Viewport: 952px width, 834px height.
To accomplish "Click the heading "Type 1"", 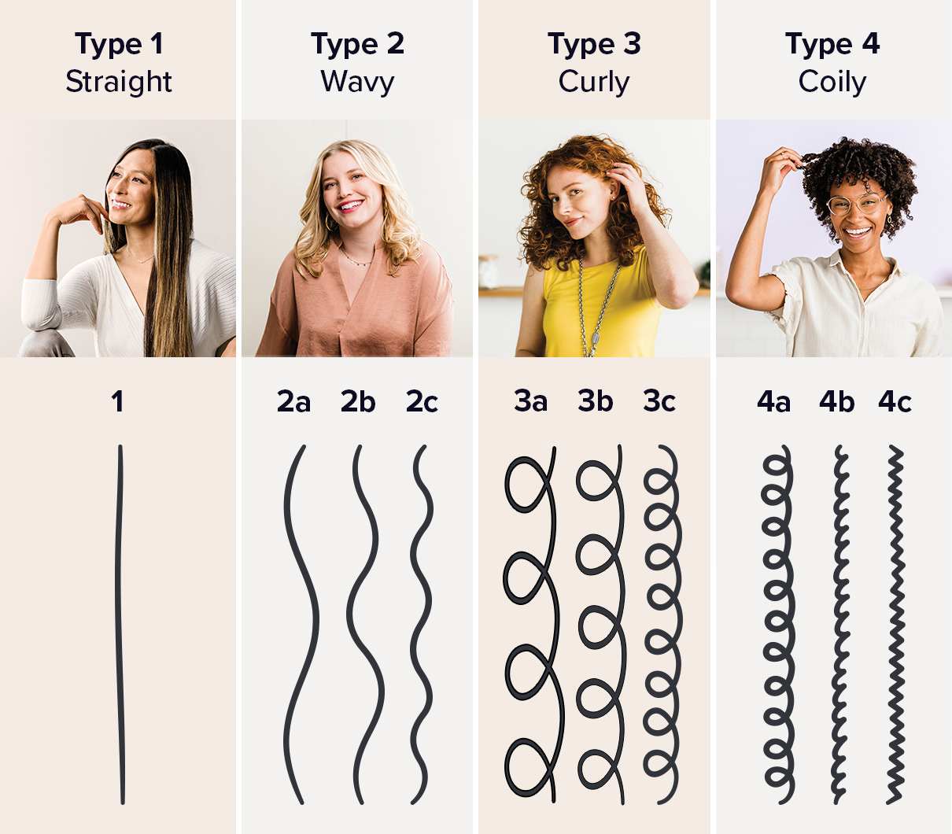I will click(119, 44).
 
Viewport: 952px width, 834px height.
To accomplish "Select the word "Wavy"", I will click(357, 82).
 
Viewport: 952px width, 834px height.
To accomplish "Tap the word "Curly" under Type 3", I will click(594, 82).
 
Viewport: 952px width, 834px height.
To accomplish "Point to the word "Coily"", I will click(832, 82).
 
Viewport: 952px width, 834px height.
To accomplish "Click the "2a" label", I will click(293, 402).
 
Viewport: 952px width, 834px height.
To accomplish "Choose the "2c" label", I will click(422, 402).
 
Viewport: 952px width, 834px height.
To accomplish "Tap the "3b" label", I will click(595, 401).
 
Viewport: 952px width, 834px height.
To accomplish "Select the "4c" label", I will click(895, 402).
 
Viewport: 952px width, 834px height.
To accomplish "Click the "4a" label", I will click(773, 402).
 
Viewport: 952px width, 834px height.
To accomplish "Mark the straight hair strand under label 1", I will click(120, 622).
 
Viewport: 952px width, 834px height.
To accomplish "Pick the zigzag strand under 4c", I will click(895, 622).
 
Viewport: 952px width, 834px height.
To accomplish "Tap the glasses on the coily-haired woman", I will click(855, 205).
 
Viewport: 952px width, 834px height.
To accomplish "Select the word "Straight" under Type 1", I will click(119, 82).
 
